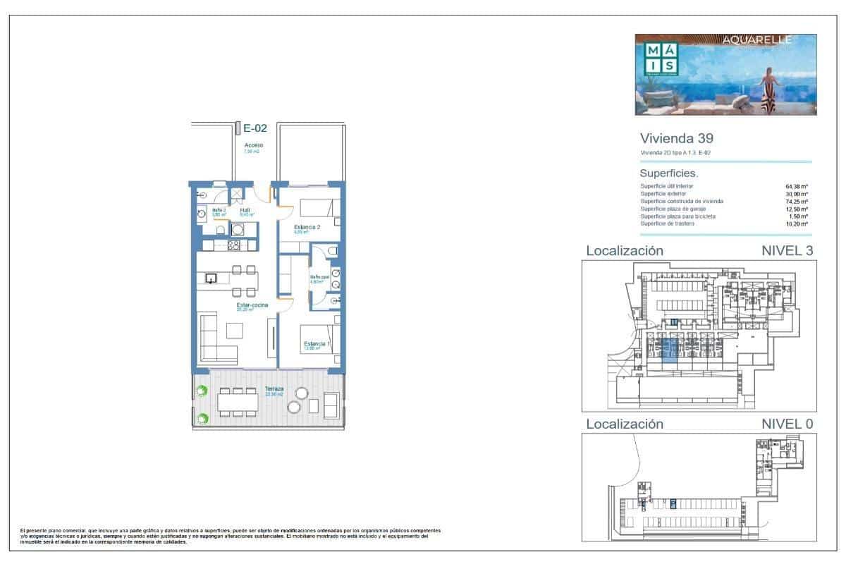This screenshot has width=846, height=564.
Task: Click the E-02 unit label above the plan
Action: pyautogui.click(x=255, y=128)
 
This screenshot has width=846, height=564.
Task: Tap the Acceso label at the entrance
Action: pyautogui.click(x=253, y=145)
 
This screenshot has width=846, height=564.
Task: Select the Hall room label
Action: pyautogui.click(x=245, y=210)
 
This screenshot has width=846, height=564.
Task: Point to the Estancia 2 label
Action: pyautogui.click(x=307, y=227)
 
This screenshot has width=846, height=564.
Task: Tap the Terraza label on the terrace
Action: pyautogui.click(x=274, y=389)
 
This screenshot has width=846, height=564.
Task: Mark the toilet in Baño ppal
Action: pyautogui.click(x=333, y=250)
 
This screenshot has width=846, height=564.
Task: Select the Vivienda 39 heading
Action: pyautogui.click(x=666, y=138)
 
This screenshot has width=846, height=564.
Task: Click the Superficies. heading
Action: pyautogui.click(x=668, y=173)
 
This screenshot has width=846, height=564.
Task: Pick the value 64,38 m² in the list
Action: pyautogui.click(x=796, y=186)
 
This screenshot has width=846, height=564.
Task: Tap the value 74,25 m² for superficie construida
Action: pyautogui.click(x=796, y=202)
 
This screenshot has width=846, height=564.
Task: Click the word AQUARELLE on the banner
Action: pyautogui.click(x=757, y=40)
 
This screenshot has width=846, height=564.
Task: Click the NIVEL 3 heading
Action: pyautogui.click(x=787, y=250)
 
